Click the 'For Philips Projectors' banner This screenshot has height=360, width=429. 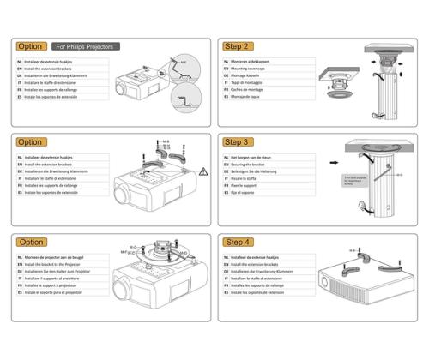86,46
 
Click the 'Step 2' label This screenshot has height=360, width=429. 237,46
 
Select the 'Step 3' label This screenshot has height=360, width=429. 237,142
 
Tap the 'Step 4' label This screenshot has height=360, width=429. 237,243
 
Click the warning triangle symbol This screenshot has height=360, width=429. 202,171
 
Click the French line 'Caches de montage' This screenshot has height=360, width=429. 250,88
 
